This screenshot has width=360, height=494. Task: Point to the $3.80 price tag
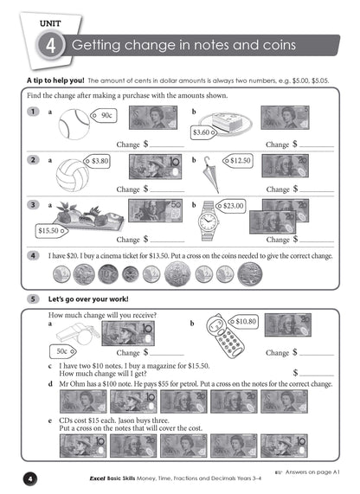(x=99, y=160)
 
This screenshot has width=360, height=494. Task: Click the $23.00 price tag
(x=232, y=206)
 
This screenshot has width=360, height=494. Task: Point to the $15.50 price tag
(x=50, y=231)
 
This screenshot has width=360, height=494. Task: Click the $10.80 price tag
(x=244, y=321)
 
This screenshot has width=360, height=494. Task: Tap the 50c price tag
(x=61, y=351)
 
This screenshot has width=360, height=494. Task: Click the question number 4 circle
(x=33, y=256)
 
